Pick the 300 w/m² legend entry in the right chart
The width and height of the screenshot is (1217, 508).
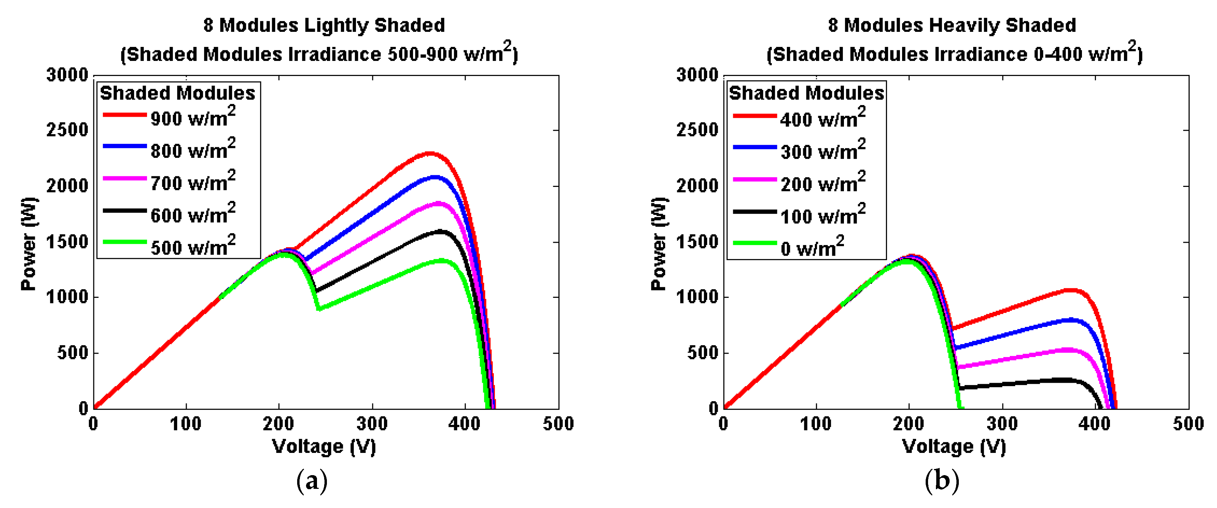[x=822, y=150]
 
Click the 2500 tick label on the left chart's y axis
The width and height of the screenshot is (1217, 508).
[x=67, y=130]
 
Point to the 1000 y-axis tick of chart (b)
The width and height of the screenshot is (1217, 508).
[x=697, y=297]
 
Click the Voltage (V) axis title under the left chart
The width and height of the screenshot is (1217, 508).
[x=324, y=446]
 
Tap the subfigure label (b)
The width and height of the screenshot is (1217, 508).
[x=942, y=481]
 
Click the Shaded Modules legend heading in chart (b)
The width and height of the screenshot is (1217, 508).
[x=806, y=93]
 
